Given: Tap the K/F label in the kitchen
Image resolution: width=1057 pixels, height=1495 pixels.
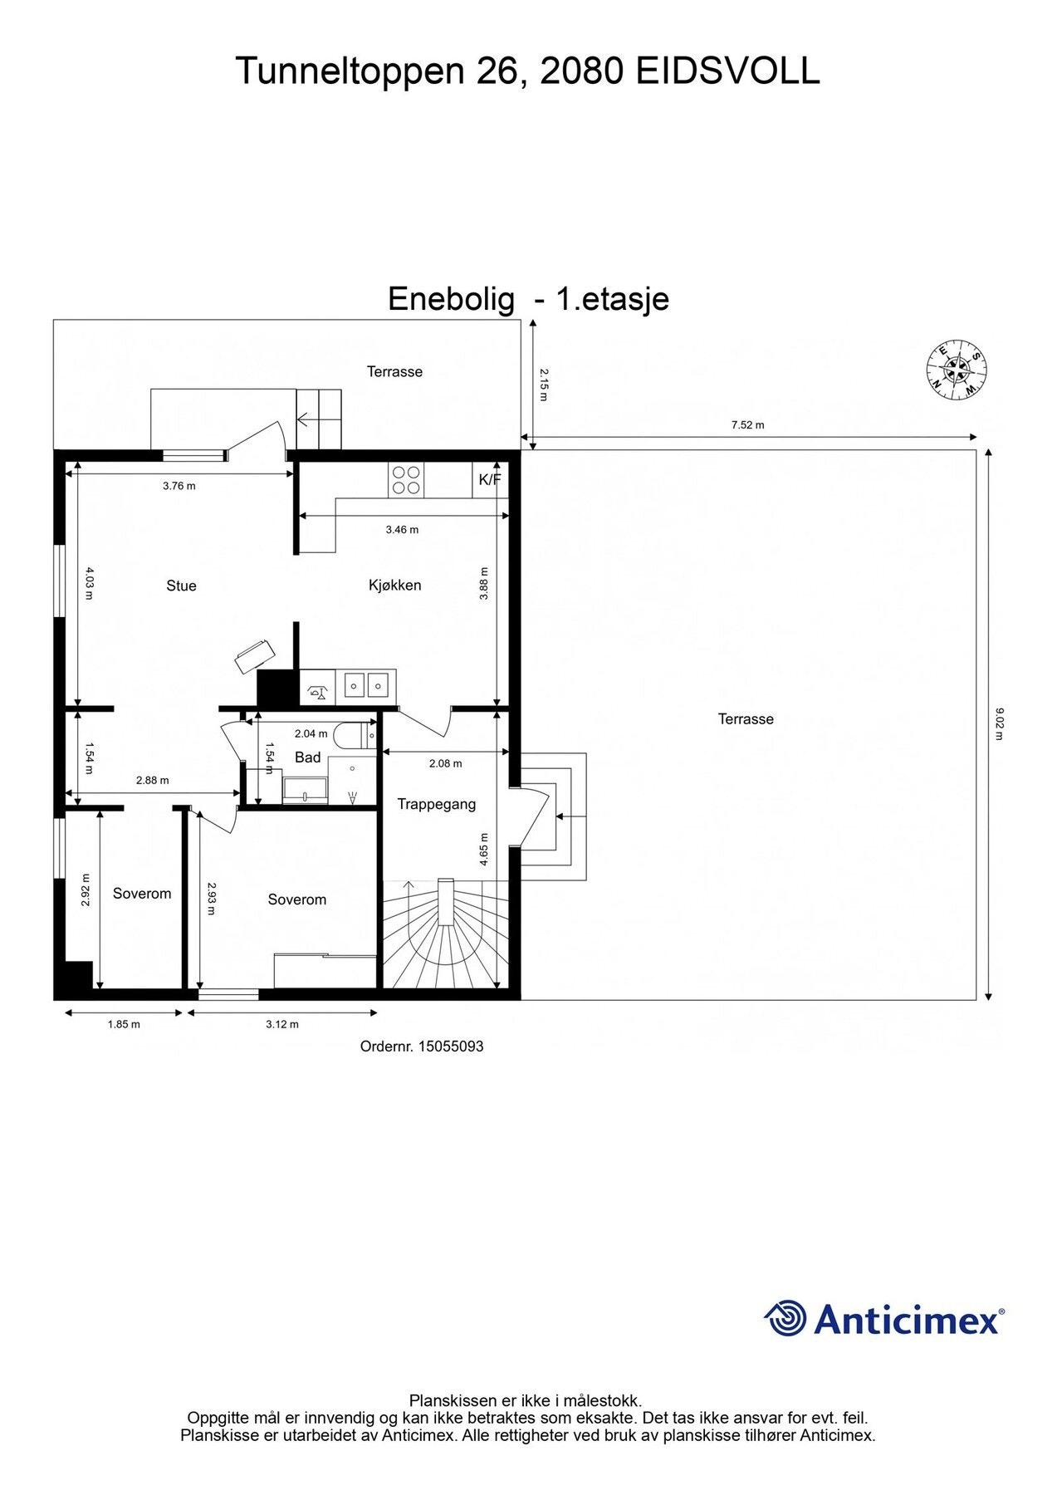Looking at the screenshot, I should (x=490, y=479).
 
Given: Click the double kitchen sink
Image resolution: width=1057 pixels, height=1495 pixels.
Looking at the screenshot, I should (x=366, y=685).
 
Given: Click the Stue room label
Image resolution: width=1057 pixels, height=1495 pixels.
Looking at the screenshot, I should (x=181, y=586).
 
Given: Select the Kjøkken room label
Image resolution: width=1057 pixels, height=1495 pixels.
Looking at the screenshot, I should (x=394, y=586).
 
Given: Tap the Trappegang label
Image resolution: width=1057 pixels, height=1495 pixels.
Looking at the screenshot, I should (x=436, y=804).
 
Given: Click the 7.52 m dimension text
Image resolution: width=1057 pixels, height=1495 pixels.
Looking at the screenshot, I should (x=747, y=425).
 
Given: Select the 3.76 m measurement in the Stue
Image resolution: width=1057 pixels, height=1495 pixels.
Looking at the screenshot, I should (x=179, y=486).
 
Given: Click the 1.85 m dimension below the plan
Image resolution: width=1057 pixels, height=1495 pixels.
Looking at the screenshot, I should (x=124, y=1024).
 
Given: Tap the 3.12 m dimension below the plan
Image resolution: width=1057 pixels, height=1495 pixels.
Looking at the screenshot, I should (x=282, y=1024).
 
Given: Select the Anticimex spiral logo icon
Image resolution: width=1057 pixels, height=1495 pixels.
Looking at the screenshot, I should (x=785, y=1318).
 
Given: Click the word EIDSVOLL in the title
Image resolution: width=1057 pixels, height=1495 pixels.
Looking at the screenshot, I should (x=727, y=71).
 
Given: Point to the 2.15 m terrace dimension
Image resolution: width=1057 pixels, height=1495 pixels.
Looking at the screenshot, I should (x=543, y=385).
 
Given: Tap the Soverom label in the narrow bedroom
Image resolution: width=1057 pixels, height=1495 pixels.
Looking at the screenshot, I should (x=142, y=894).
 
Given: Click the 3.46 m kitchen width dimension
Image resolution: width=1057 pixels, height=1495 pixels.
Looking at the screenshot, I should (x=402, y=529).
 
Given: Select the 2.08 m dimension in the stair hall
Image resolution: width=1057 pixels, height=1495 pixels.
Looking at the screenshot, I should (x=445, y=763).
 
